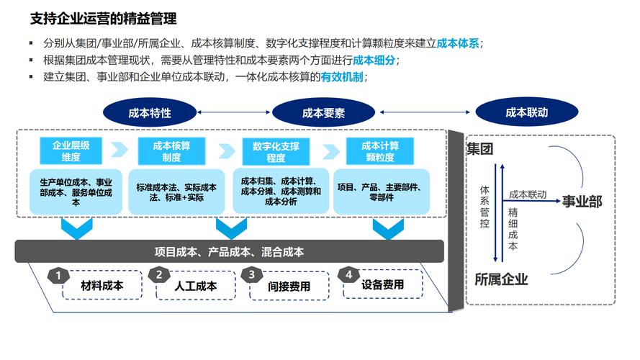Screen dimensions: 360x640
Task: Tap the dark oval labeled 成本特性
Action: (150, 112)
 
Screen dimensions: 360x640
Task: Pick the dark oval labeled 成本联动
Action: (526, 112)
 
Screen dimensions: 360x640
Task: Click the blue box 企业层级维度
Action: (71, 151)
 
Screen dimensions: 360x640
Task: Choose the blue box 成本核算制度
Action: (171, 151)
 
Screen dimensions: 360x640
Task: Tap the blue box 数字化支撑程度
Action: (276, 152)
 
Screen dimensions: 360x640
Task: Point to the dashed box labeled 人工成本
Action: (196, 286)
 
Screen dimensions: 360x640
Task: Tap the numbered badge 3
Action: (251, 274)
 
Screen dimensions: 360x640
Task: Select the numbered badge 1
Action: (58, 274)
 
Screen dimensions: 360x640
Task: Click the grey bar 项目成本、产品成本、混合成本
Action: (229, 252)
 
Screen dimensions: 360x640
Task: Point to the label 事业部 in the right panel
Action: (582, 202)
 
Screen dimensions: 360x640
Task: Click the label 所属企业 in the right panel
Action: (501, 279)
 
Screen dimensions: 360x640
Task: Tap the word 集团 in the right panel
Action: (480, 149)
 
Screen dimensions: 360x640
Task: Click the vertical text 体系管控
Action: (484, 206)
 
